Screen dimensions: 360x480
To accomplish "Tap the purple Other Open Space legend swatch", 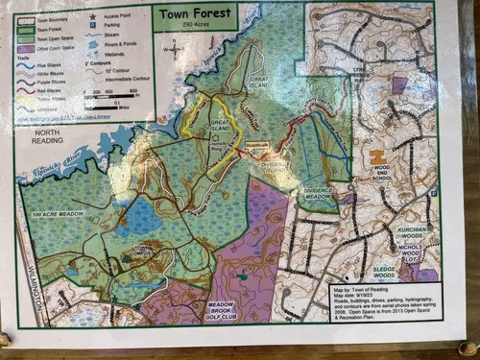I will pos(29,46).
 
